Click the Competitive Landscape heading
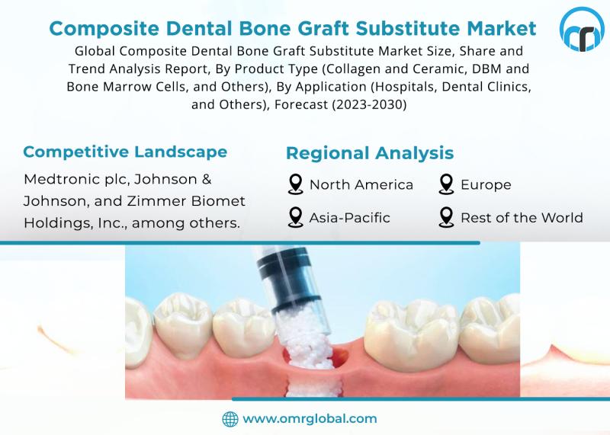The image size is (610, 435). (125, 151)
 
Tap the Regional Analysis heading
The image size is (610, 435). (370, 153)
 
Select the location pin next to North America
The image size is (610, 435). (295, 185)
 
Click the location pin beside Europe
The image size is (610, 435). (447, 185)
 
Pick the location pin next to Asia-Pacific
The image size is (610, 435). (295, 218)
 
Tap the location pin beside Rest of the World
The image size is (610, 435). (447, 218)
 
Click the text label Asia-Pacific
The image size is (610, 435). (349, 218)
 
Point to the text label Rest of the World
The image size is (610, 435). (522, 218)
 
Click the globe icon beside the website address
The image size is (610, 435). (230, 418)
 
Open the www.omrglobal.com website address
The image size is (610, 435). (310, 418)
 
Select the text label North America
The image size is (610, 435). (361, 185)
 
